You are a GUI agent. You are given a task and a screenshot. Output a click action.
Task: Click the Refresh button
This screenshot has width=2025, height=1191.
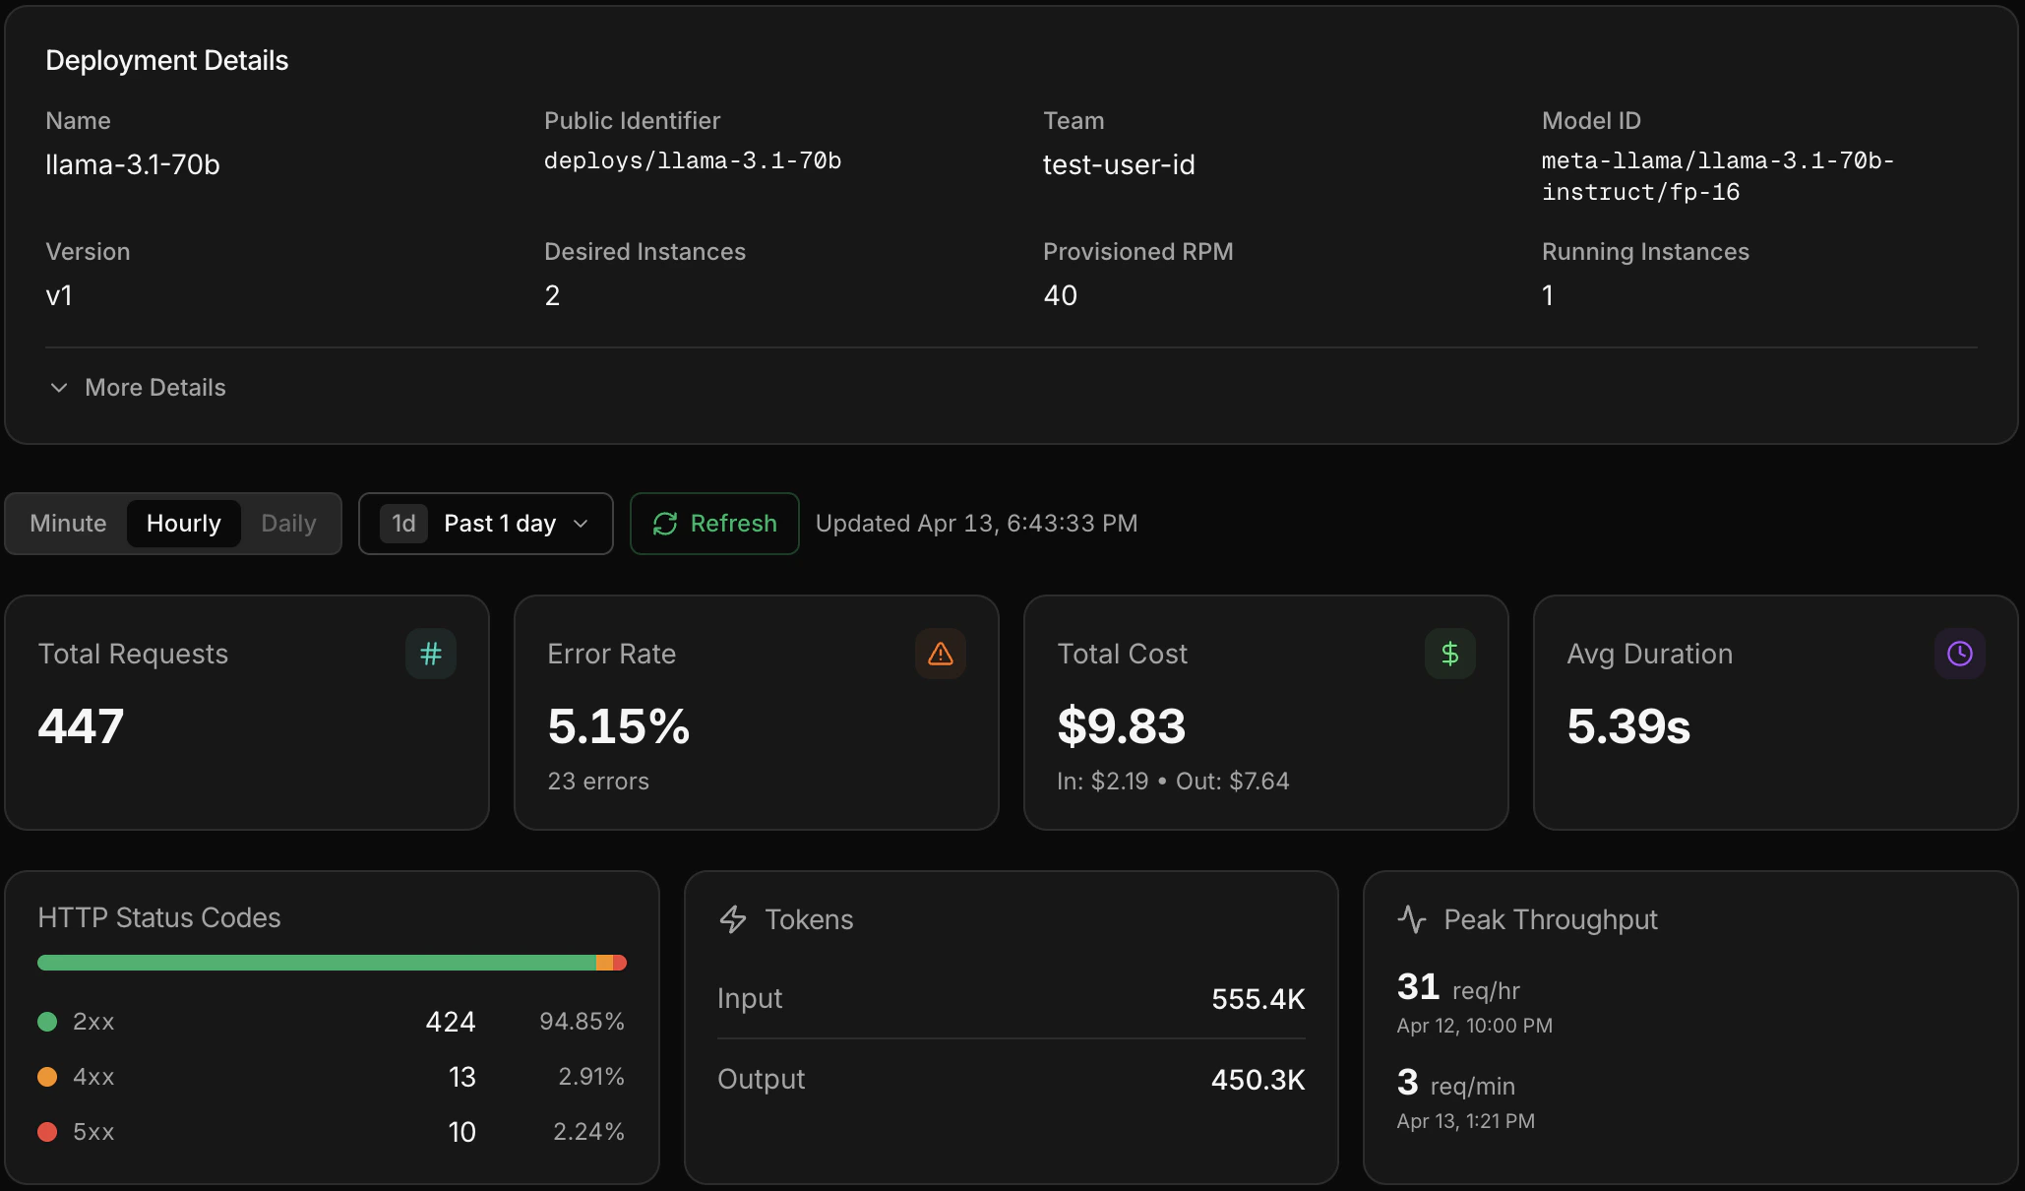[714, 524]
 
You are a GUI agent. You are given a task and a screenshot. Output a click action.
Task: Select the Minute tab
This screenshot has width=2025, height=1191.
[68, 524]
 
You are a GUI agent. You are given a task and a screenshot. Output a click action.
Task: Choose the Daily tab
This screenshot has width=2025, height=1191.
[288, 524]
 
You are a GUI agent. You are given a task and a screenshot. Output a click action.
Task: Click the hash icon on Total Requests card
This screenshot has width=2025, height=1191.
[431, 654]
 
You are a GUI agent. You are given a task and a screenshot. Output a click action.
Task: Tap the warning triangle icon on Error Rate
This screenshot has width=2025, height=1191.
[941, 654]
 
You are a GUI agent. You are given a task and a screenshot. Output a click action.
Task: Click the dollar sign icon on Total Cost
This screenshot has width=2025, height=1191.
[1450, 654]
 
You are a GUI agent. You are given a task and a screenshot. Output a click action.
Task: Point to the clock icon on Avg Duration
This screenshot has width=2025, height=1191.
[1960, 654]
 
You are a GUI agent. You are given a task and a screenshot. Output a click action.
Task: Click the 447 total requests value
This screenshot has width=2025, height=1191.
[81, 726]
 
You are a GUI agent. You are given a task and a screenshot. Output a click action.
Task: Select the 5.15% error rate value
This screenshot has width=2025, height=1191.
[619, 726]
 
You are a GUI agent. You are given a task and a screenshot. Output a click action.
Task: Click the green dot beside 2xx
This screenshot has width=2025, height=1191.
[47, 1022]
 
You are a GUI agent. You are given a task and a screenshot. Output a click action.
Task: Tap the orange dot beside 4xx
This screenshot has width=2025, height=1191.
[47, 1077]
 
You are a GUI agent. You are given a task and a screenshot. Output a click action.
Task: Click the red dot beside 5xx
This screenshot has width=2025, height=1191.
[47, 1132]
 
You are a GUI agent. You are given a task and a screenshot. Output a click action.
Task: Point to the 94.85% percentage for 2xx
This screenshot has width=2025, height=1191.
[582, 1022]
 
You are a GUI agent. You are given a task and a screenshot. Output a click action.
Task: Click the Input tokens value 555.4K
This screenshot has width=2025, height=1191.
[1258, 999]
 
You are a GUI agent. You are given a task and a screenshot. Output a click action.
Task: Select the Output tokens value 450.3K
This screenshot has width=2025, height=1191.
[1258, 1080]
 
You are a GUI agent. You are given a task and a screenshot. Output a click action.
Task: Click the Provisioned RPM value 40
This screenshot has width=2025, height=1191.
[1060, 295]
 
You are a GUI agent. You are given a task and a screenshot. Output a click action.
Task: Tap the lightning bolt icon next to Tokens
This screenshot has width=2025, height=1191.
[733, 919]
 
